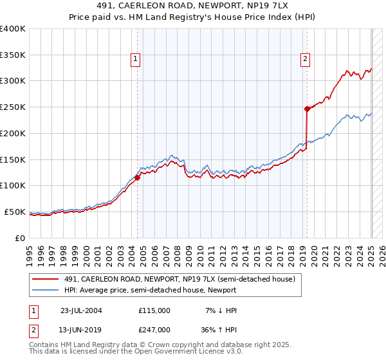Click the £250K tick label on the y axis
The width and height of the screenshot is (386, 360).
13,107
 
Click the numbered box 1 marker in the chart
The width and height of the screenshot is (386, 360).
136,59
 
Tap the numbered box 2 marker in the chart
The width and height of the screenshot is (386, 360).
304,59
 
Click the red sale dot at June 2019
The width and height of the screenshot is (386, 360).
308,109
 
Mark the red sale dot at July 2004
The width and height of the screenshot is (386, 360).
138,178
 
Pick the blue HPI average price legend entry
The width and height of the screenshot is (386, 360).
160,290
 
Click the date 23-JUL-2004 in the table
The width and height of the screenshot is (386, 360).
81,310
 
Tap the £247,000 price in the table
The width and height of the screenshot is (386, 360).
154,329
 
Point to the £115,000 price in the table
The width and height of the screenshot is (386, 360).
154,310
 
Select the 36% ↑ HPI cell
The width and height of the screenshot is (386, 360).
217,329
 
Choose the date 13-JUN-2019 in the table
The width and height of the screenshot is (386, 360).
81,329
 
